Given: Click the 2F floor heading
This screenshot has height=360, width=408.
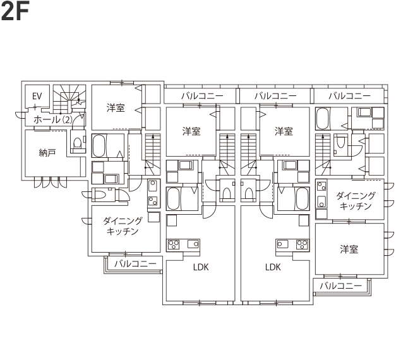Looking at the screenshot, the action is (x=15, y=11).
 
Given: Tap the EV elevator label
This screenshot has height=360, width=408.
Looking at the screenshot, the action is (x=37, y=96).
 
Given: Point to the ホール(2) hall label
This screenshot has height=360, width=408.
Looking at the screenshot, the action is (x=53, y=119).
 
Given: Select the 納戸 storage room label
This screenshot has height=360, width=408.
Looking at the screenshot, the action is (x=47, y=153).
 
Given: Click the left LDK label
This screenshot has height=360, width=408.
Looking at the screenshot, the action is (x=201, y=267).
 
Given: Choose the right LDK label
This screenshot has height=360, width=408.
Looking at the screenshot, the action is (x=273, y=267).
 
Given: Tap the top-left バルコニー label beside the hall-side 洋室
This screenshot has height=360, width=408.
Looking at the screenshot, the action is (x=202, y=96).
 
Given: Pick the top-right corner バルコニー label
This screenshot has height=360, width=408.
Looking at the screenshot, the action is (x=349, y=96).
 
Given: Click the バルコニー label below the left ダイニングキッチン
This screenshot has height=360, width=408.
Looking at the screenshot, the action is (x=135, y=264).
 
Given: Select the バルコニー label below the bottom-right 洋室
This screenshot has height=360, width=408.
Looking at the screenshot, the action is (x=340, y=286).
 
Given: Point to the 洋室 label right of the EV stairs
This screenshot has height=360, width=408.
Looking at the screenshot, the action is (x=116, y=108).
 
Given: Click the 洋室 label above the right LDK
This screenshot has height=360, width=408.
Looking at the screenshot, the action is (x=284, y=131).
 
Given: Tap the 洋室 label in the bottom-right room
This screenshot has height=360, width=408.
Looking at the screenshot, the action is (x=349, y=249).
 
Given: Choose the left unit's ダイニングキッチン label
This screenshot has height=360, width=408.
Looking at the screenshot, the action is (x=123, y=226).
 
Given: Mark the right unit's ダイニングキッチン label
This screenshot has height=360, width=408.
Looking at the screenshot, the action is (x=356, y=201).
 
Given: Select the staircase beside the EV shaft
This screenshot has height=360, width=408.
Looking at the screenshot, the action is (x=69, y=99).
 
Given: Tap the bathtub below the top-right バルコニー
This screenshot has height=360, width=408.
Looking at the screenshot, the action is (x=323, y=119).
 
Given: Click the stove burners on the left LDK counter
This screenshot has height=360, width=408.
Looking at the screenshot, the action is (x=173, y=244).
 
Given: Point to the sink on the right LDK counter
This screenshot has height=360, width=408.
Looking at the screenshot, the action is (x=282, y=244).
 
